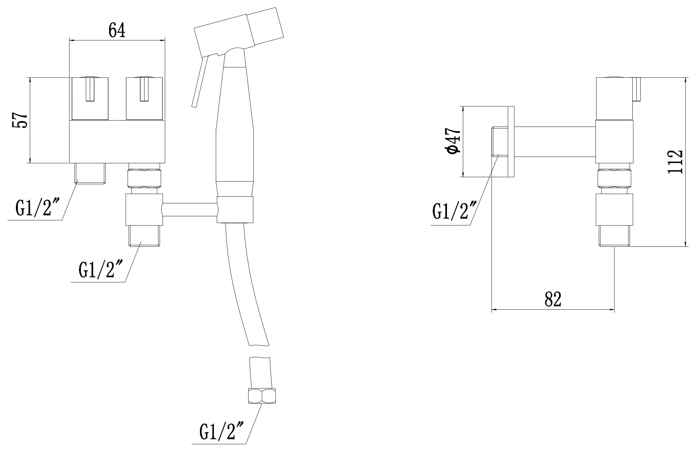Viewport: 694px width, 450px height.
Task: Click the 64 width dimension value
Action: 117,30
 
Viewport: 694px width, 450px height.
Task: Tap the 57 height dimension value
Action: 20,120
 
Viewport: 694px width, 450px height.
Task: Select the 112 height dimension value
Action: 675,162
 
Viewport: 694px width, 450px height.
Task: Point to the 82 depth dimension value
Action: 553,299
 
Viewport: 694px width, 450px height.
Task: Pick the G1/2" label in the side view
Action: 455,210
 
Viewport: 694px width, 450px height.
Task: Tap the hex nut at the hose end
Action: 262,396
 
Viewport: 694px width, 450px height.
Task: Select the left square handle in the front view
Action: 90,99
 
